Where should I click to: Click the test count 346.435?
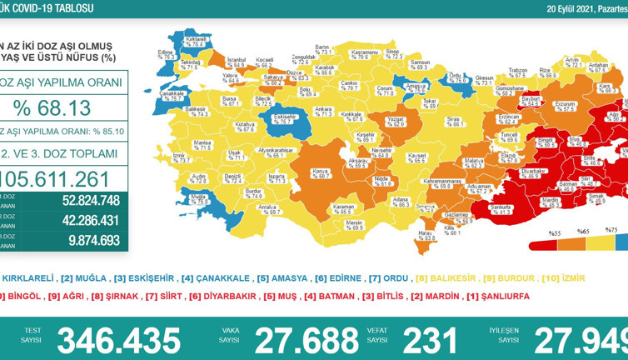118,340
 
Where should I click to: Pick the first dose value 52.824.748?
91,201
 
